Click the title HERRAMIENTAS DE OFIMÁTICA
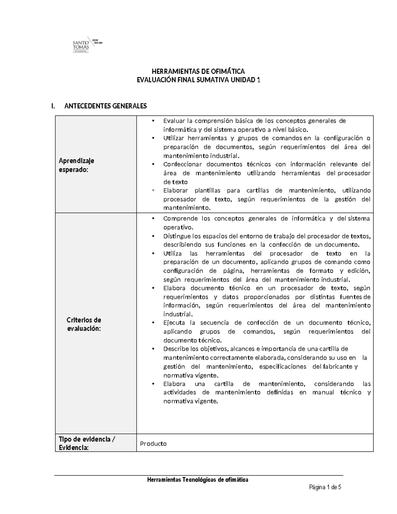tap(198, 71)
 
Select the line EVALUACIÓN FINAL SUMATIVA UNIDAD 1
tap(198, 80)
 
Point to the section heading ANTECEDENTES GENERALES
tap(106, 106)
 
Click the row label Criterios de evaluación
tap(84, 324)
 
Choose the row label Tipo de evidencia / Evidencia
tap(87, 443)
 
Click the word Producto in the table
tap(153, 444)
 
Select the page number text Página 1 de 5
tap(325, 487)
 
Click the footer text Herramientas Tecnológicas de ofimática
tap(198, 480)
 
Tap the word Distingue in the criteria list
tap(177, 236)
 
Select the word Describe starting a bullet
tap(176, 349)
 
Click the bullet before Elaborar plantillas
tap(153, 190)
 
